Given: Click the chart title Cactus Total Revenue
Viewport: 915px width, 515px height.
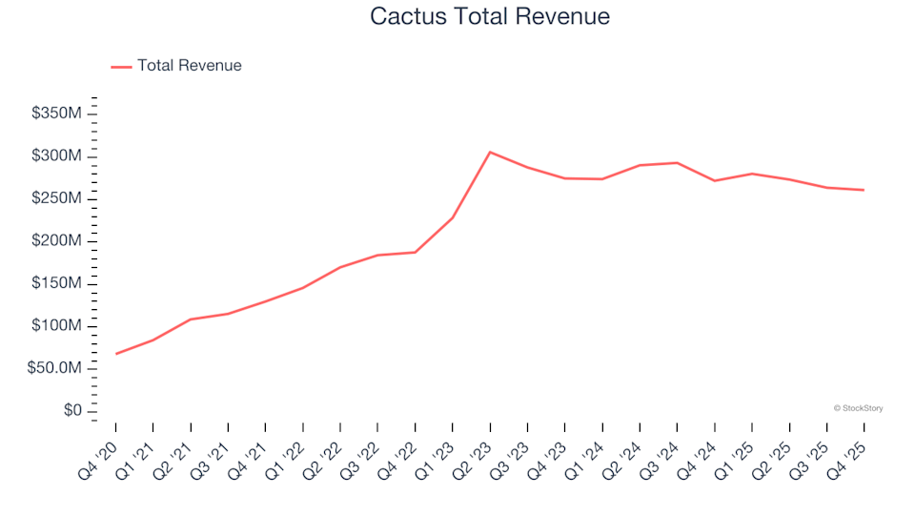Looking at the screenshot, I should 489,16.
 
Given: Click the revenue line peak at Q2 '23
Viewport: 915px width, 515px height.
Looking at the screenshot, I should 490,152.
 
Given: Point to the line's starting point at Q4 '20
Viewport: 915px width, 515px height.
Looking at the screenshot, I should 116,354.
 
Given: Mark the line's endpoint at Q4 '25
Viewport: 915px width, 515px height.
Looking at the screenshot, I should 864,190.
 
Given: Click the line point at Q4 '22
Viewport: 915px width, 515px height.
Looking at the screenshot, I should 416,252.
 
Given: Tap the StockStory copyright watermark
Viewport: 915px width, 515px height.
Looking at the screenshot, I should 858,408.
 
